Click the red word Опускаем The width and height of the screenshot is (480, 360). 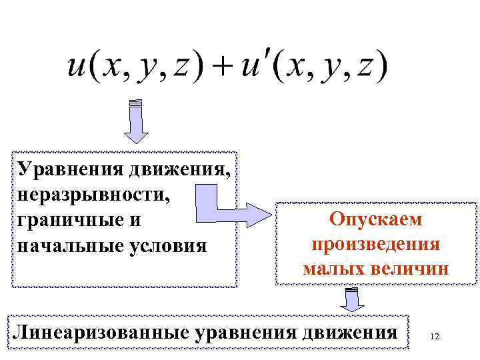click(x=376, y=219)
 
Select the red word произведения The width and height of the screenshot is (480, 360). click(x=376, y=244)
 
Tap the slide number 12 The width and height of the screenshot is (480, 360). click(x=435, y=337)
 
